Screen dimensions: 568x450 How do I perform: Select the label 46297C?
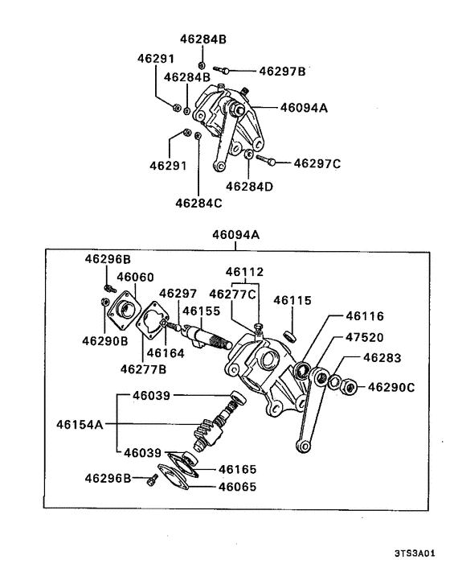tap(317, 163)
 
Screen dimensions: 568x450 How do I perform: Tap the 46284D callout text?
tap(249, 186)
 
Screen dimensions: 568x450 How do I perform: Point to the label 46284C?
tap(198, 204)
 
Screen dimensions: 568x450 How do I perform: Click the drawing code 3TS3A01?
tap(414, 554)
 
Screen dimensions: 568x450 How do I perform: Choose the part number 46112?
tap(244, 272)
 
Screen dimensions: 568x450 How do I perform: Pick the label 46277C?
tap(233, 294)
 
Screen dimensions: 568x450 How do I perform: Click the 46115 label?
tap(292, 300)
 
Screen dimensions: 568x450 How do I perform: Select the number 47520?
tap(364, 338)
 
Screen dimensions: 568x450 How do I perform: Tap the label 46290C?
tap(391, 387)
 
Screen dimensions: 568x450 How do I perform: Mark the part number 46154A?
tap(80, 423)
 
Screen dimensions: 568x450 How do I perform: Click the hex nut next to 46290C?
tap(349, 386)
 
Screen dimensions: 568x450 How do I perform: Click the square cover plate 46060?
tap(125, 311)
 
